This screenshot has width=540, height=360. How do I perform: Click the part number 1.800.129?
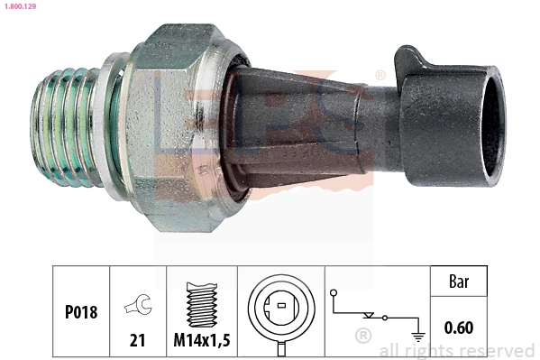pyautogui.click(x=19, y=7)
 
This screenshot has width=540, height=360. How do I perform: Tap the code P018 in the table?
pyautogui.click(x=80, y=312)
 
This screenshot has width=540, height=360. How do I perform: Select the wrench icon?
pyautogui.click(x=139, y=307)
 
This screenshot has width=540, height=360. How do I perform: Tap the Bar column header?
pyautogui.click(x=461, y=282)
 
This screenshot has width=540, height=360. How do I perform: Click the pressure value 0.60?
pyautogui.click(x=461, y=328)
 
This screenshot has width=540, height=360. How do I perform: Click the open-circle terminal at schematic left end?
pyautogui.click(x=334, y=293)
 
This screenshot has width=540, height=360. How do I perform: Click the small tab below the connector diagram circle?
pyautogui.click(x=280, y=347)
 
